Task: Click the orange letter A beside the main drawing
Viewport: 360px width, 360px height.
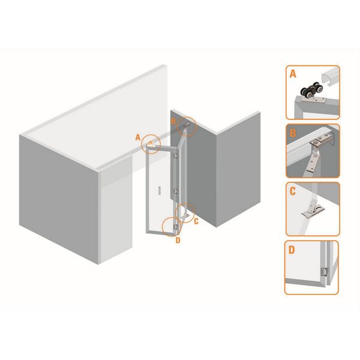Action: point(138,137)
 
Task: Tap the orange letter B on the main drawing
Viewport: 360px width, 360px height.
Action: point(173,121)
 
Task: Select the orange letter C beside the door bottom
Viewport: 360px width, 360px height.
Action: point(196,221)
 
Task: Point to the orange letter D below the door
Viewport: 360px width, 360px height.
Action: point(178,241)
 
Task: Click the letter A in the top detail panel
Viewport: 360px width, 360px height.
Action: point(293,74)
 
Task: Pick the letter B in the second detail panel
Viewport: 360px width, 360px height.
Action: point(293,133)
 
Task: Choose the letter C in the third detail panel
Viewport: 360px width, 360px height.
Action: point(293,191)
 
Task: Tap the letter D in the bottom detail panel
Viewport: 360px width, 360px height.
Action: point(292,250)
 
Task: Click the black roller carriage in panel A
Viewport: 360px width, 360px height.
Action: point(312,91)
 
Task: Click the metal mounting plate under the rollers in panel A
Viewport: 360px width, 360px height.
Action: point(313,100)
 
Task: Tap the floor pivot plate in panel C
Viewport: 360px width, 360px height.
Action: point(313,212)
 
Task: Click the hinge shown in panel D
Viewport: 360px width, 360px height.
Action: point(324,272)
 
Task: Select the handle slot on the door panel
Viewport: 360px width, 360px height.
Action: point(160,191)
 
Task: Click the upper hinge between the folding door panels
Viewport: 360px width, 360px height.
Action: point(176,155)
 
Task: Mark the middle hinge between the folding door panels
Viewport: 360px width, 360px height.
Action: point(176,191)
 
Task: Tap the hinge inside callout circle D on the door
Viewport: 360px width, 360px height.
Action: point(176,227)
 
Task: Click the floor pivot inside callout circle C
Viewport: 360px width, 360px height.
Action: point(185,215)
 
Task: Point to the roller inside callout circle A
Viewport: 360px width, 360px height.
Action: point(151,144)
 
